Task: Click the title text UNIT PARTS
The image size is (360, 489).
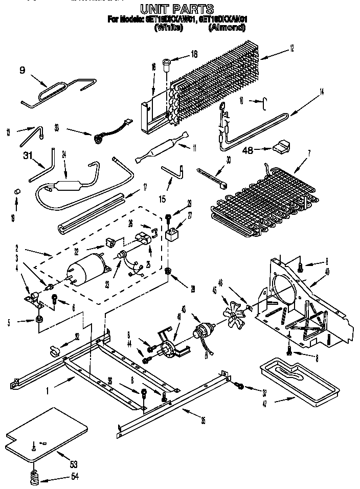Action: click(177, 9)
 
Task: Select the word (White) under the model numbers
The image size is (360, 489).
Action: click(168, 28)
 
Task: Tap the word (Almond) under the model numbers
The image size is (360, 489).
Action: click(227, 28)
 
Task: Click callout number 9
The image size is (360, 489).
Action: click(22, 71)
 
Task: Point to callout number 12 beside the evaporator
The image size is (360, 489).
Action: click(291, 49)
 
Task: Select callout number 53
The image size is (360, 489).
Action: click(74, 464)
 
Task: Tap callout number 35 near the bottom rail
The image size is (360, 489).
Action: click(203, 421)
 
